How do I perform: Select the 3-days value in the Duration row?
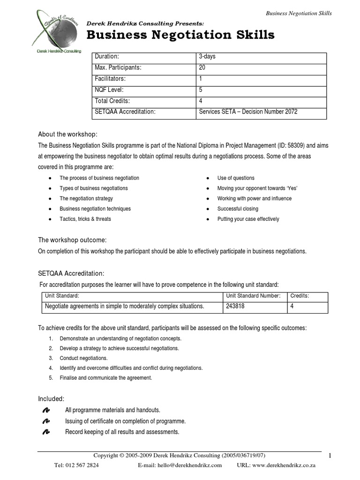pos(207,57)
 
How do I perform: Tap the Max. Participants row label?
pos(118,67)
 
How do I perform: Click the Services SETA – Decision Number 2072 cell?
pos(248,112)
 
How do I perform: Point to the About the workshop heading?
pos(67,135)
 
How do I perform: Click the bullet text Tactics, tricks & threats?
pos(85,219)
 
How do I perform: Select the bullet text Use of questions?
pos(236,178)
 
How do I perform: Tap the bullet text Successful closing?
pos(238,209)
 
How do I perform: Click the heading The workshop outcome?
pos(69,240)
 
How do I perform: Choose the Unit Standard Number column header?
pos(253,296)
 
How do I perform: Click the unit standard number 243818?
pos(235,306)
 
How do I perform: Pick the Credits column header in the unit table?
pos(300,296)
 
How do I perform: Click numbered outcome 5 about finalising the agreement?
pos(105,377)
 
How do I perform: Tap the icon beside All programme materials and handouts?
pos(46,410)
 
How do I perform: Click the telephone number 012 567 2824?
pos(76,465)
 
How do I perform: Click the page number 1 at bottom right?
pos(330,456)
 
